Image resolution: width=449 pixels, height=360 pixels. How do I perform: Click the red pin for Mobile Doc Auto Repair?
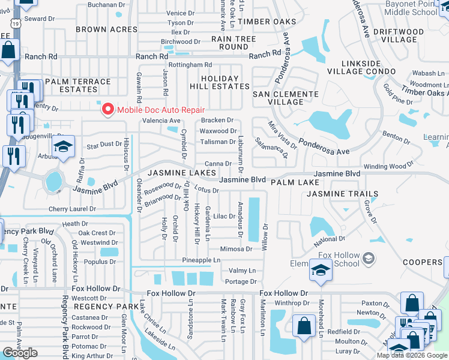click(107, 109)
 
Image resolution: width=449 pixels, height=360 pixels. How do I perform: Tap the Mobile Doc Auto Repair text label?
click(161, 109)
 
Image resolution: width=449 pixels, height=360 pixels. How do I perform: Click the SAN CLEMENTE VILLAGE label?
click(285, 98)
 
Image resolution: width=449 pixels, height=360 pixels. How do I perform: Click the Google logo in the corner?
click(20, 353)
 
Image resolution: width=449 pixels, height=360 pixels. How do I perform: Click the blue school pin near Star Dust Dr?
click(63, 146)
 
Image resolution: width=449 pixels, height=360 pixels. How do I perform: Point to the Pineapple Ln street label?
click(201, 260)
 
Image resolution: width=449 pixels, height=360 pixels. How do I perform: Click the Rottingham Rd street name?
click(190, 65)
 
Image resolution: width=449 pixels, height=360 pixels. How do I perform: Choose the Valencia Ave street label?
click(161, 120)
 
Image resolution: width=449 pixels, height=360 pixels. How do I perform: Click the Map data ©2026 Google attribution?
click(411, 355)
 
